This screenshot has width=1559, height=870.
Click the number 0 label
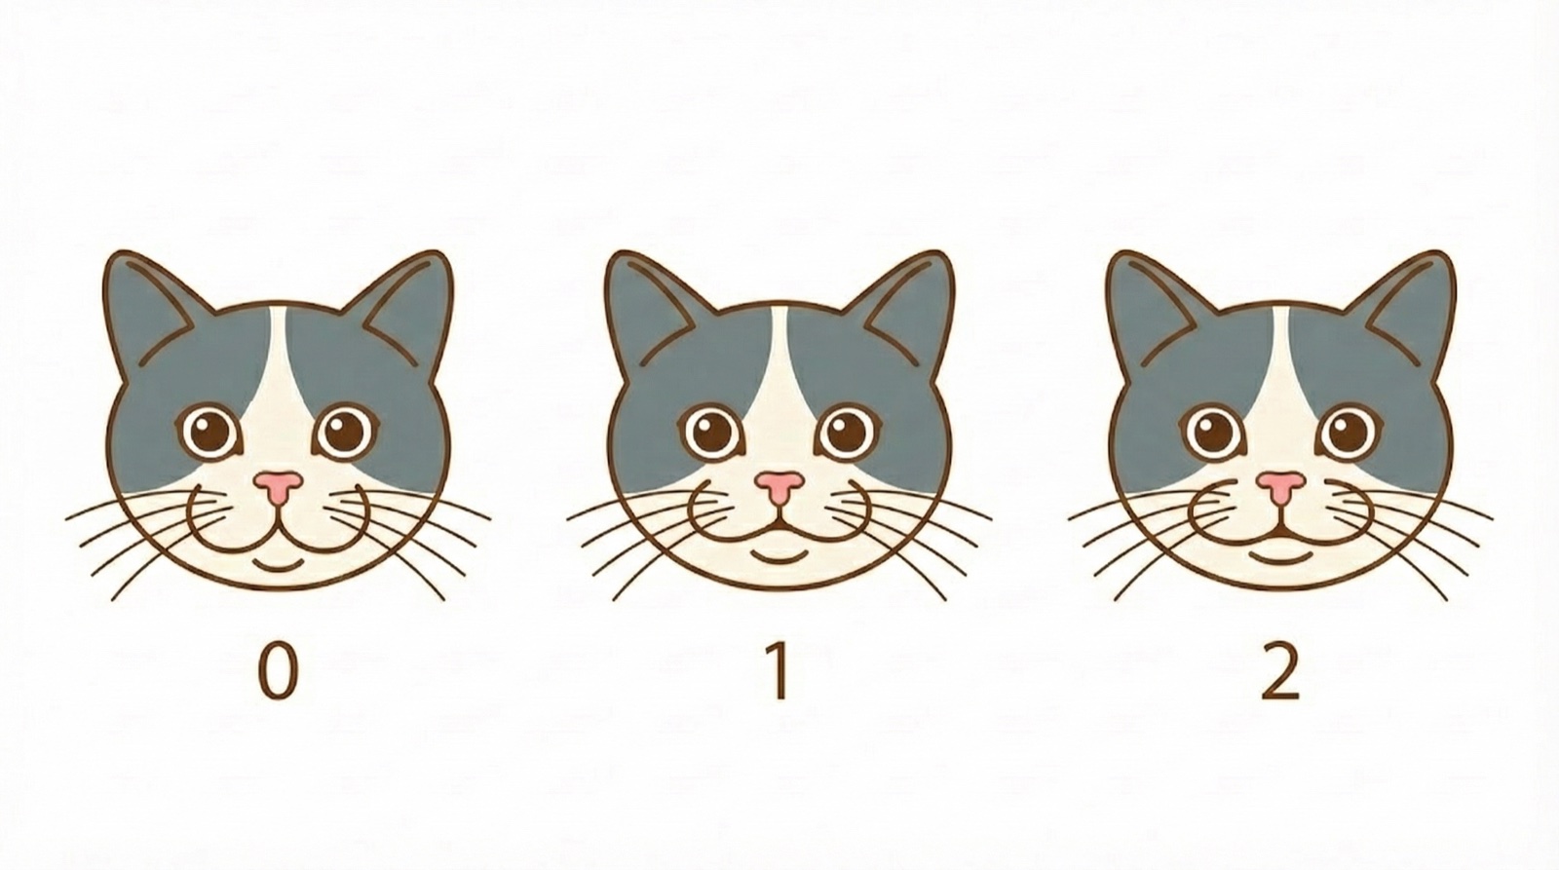pos(277,672)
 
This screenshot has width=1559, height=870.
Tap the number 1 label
pos(778,672)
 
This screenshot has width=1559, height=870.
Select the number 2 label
pos(1279,672)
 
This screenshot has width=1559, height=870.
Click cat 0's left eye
pos(210,430)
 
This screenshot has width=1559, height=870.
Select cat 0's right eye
pos(345,430)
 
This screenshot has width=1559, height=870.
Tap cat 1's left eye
pos(713,432)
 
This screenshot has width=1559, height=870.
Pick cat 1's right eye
pos(848,430)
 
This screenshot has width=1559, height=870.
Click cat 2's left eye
pos(1214,430)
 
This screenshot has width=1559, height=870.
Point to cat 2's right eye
pos(1349,430)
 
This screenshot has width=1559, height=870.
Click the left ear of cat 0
pos(146,302)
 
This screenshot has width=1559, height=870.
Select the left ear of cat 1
pos(648,302)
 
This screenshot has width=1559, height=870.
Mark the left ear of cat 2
pos(1150,302)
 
